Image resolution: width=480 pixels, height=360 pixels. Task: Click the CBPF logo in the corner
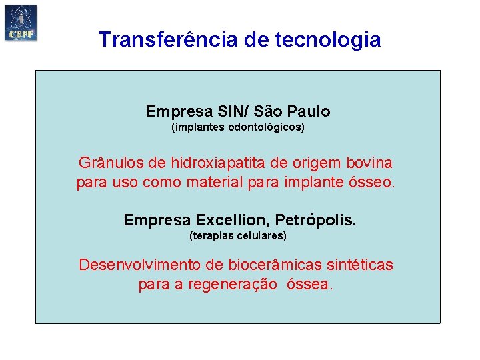(x=21, y=23)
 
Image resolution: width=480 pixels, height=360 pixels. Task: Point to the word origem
(x=312, y=163)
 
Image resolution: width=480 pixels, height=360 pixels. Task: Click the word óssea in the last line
(x=309, y=284)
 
